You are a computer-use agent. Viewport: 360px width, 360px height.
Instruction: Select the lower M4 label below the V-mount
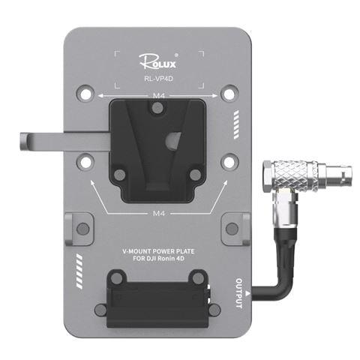click(x=158, y=213)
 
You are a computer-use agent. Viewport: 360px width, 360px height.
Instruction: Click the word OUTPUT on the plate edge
click(x=239, y=293)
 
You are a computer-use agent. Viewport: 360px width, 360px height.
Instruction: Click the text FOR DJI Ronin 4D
click(x=158, y=260)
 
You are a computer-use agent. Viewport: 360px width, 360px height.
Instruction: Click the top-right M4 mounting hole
click(x=230, y=92)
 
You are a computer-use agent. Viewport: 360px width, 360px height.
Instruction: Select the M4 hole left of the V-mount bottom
click(x=86, y=160)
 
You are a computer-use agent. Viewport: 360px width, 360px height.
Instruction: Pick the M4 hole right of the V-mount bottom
click(x=230, y=160)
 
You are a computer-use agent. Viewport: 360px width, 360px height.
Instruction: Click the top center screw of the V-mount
click(x=157, y=109)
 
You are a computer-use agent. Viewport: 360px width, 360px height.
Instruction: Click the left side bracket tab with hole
click(x=79, y=226)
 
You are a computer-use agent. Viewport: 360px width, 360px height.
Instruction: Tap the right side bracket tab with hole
click(x=236, y=226)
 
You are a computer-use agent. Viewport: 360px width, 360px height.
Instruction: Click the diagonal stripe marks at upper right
click(x=238, y=121)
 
